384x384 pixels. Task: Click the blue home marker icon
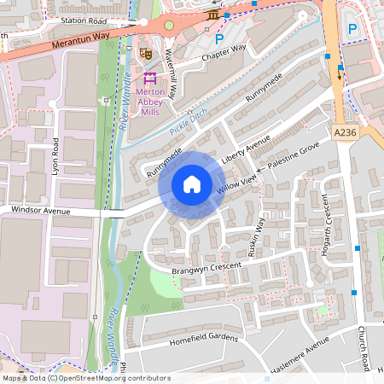pos(192,183)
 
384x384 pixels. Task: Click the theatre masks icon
pos(146,53)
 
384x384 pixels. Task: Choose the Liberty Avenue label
pos(245,148)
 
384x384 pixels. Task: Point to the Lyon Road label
pos(55,156)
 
